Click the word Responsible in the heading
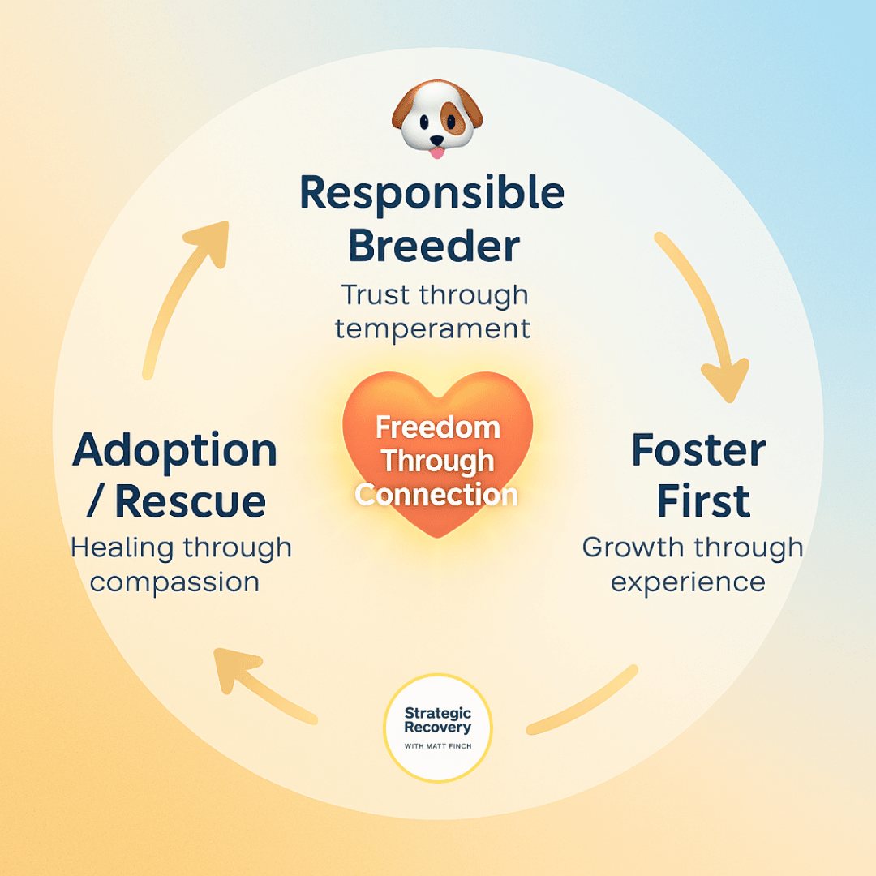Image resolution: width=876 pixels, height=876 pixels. coord(432,193)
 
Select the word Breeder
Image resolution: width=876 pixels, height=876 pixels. coord(434,246)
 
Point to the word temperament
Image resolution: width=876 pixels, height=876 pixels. coord(432,328)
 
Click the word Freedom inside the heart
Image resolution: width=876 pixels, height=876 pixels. coord(438,427)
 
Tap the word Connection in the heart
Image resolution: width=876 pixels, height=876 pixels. coord(437,494)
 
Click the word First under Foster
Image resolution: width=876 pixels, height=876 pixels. coord(703,502)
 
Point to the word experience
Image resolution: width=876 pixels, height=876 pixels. coord(688,582)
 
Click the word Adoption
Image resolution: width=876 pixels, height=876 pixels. coord(175,451)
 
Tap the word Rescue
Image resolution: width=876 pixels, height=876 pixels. coord(191,502)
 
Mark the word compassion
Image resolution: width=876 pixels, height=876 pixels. coord(174,582)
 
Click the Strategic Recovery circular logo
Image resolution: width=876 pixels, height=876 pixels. coord(438,728)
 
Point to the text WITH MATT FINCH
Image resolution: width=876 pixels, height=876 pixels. coord(438,745)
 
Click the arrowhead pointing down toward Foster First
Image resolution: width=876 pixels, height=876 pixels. coord(724,379)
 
